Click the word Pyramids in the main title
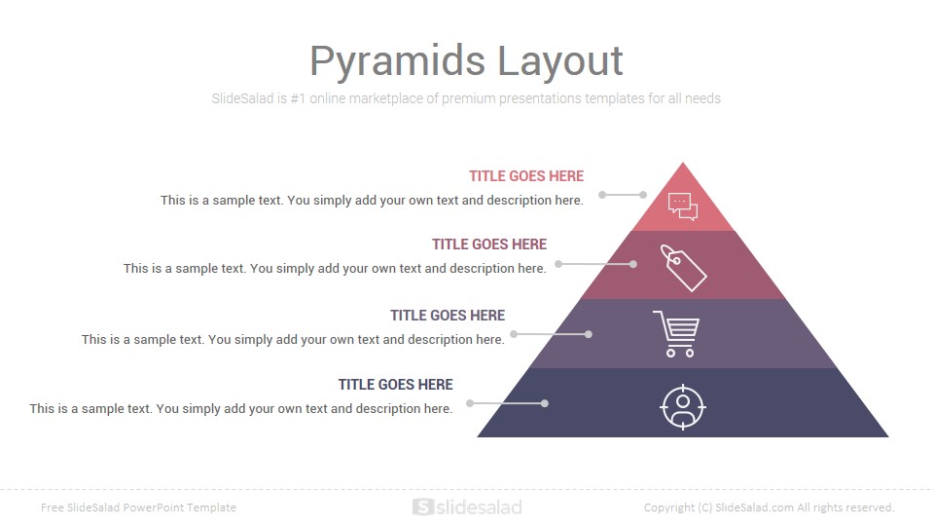(398, 61)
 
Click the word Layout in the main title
(560, 61)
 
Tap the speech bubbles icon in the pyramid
(683, 207)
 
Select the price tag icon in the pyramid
(683, 268)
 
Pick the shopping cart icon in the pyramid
(677, 334)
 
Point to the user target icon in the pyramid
(683, 407)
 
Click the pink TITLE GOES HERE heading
(526, 176)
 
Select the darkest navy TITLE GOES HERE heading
(396, 385)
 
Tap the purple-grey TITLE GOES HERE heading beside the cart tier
(448, 316)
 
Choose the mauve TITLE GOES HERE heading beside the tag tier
(489, 244)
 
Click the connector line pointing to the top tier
(623, 195)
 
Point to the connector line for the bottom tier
(507, 403)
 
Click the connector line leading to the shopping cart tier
(551, 334)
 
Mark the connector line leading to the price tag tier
(595, 264)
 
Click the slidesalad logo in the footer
(467, 507)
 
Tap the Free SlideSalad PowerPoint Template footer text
(138, 507)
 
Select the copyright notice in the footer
(769, 507)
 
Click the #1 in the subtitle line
(298, 98)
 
